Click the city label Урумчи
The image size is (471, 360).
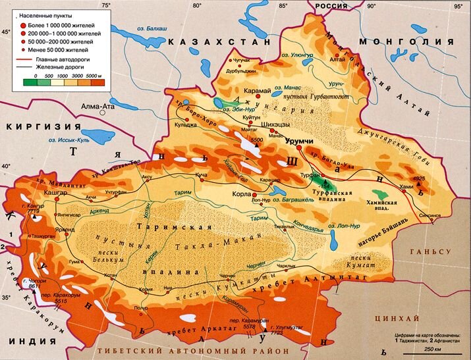point(298,141)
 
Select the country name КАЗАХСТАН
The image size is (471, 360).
point(219,41)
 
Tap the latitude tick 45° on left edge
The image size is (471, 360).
point(6,32)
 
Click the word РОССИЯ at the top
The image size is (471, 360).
point(331,5)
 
